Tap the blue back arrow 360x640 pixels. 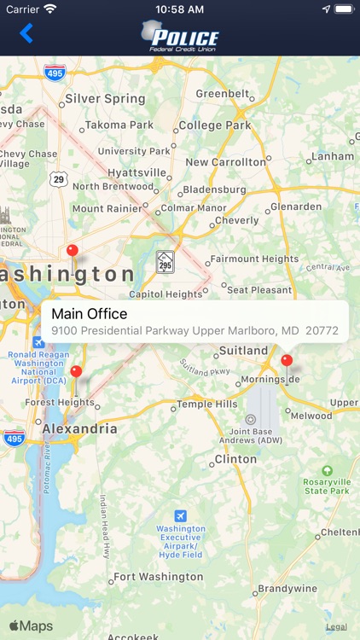coord(26,34)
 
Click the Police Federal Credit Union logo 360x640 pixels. coord(180,36)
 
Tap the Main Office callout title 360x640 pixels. coord(89,313)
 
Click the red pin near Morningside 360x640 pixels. coord(287,361)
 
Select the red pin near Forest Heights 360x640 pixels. coord(76,372)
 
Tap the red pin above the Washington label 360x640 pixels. coord(73,251)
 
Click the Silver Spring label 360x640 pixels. coord(105,99)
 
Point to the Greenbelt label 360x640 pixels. coord(223,93)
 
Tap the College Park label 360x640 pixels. coord(214,125)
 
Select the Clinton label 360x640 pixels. coord(235,459)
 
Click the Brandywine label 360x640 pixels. coord(287,589)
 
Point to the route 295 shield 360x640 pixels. coord(165,261)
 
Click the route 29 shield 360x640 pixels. coord(58,178)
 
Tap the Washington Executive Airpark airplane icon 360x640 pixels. coord(180,516)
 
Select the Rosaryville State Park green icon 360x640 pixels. coord(327,470)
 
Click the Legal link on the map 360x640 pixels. coord(336,627)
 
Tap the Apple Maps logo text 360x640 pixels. coord(31,626)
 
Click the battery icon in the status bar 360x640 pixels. coord(343,9)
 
